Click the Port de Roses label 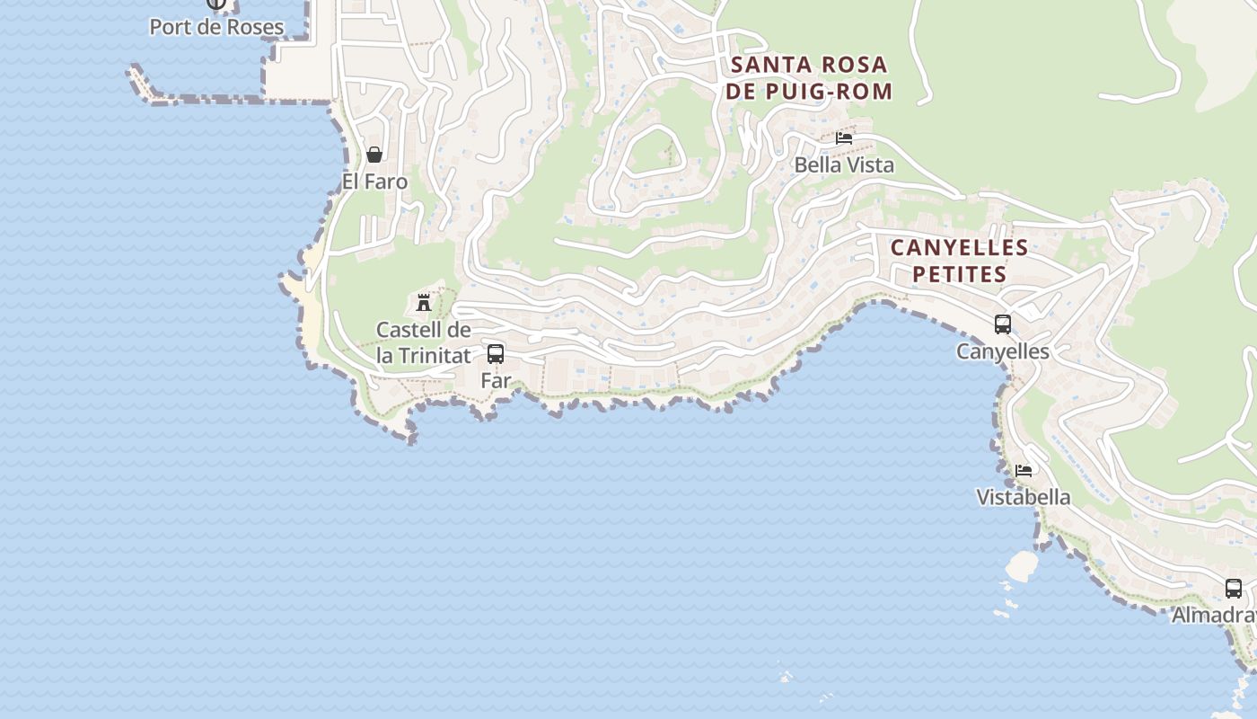coord(216,27)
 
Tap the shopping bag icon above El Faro coord(374,155)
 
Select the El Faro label coord(374,182)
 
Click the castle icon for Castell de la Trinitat coord(424,302)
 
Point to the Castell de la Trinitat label coord(423,342)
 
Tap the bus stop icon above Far coord(495,353)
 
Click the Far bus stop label coord(496,380)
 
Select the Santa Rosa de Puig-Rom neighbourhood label coord(810,77)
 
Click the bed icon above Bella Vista coord(843,138)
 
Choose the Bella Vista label coord(844,165)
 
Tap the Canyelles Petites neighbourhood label coord(959,261)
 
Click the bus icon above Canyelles coord(1002,324)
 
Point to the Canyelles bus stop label coord(1002,351)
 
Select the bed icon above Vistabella coord(1023,470)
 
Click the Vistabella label coord(1023,497)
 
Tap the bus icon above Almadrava coord(1234,589)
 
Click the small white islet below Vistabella coord(1021,565)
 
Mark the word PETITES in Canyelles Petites coord(959,274)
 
